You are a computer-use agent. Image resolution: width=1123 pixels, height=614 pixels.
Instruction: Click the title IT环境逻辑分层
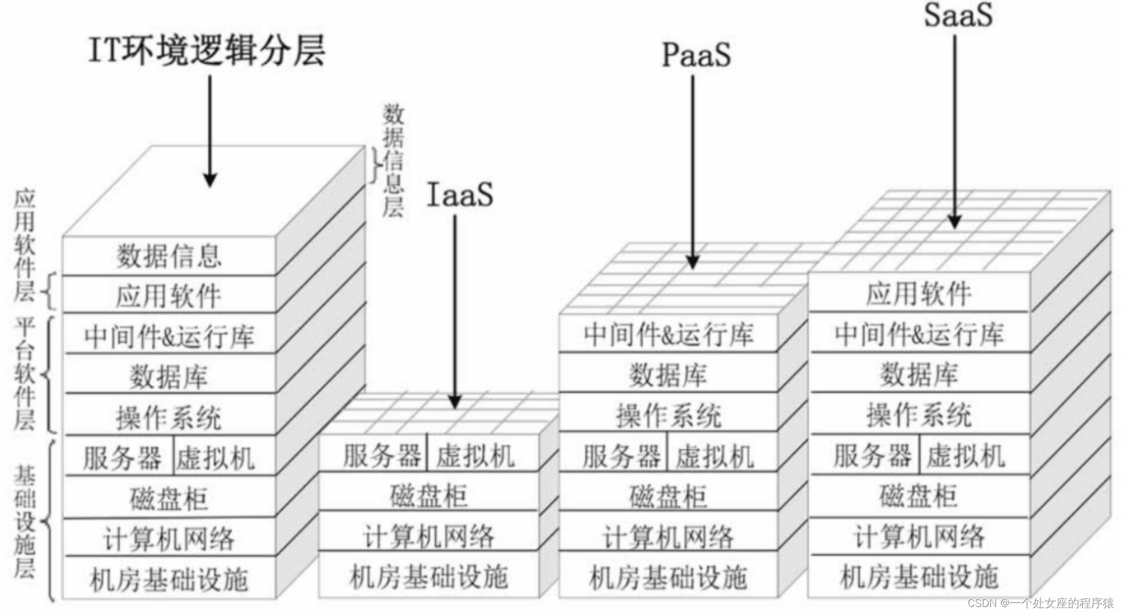tap(207, 51)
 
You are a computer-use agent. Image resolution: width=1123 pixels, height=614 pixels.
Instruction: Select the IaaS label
tap(460, 195)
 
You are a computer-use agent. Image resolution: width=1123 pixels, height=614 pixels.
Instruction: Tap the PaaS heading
tap(696, 56)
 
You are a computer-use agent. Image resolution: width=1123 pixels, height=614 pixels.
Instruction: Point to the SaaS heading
tap(958, 15)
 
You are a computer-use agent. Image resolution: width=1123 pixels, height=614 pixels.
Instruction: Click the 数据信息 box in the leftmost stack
tap(169, 256)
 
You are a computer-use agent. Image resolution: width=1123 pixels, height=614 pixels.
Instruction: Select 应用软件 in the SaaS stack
tap(919, 294)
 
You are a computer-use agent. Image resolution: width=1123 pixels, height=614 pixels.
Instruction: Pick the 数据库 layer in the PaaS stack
tap(668, 374)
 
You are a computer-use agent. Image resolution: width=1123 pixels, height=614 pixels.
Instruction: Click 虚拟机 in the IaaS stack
tap(475, 456)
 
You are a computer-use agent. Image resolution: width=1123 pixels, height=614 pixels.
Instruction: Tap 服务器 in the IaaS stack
tap(382, 456)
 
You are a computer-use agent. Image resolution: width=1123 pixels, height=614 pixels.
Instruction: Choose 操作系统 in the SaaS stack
tap(919, 415)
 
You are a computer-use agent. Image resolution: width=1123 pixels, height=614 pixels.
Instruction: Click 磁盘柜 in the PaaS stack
tap(668, 496)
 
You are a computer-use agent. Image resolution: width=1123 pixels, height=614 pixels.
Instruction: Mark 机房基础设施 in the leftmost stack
tap(169, 579)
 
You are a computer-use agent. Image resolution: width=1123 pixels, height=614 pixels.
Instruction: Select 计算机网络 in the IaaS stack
tap(428, 536)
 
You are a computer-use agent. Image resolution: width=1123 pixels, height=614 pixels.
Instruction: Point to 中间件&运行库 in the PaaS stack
tap(668, 334)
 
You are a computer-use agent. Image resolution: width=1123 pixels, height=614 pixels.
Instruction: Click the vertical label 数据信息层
tap(393, 161)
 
